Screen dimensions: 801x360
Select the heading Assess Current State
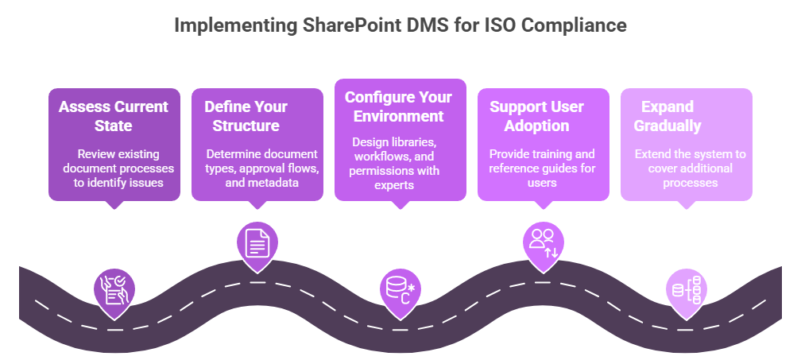pos(114,116)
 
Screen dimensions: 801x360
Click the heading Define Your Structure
pos(246,116)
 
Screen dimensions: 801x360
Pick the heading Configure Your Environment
pos(398,106)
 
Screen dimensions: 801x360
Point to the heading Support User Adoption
pos(537,116)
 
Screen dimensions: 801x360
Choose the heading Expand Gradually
pos(667,116)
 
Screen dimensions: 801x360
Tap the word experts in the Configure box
pos(394,185)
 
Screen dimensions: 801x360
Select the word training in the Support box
pos(550,154)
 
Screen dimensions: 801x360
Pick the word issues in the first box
pos(148,182)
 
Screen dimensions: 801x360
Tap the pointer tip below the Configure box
pos(400,208)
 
